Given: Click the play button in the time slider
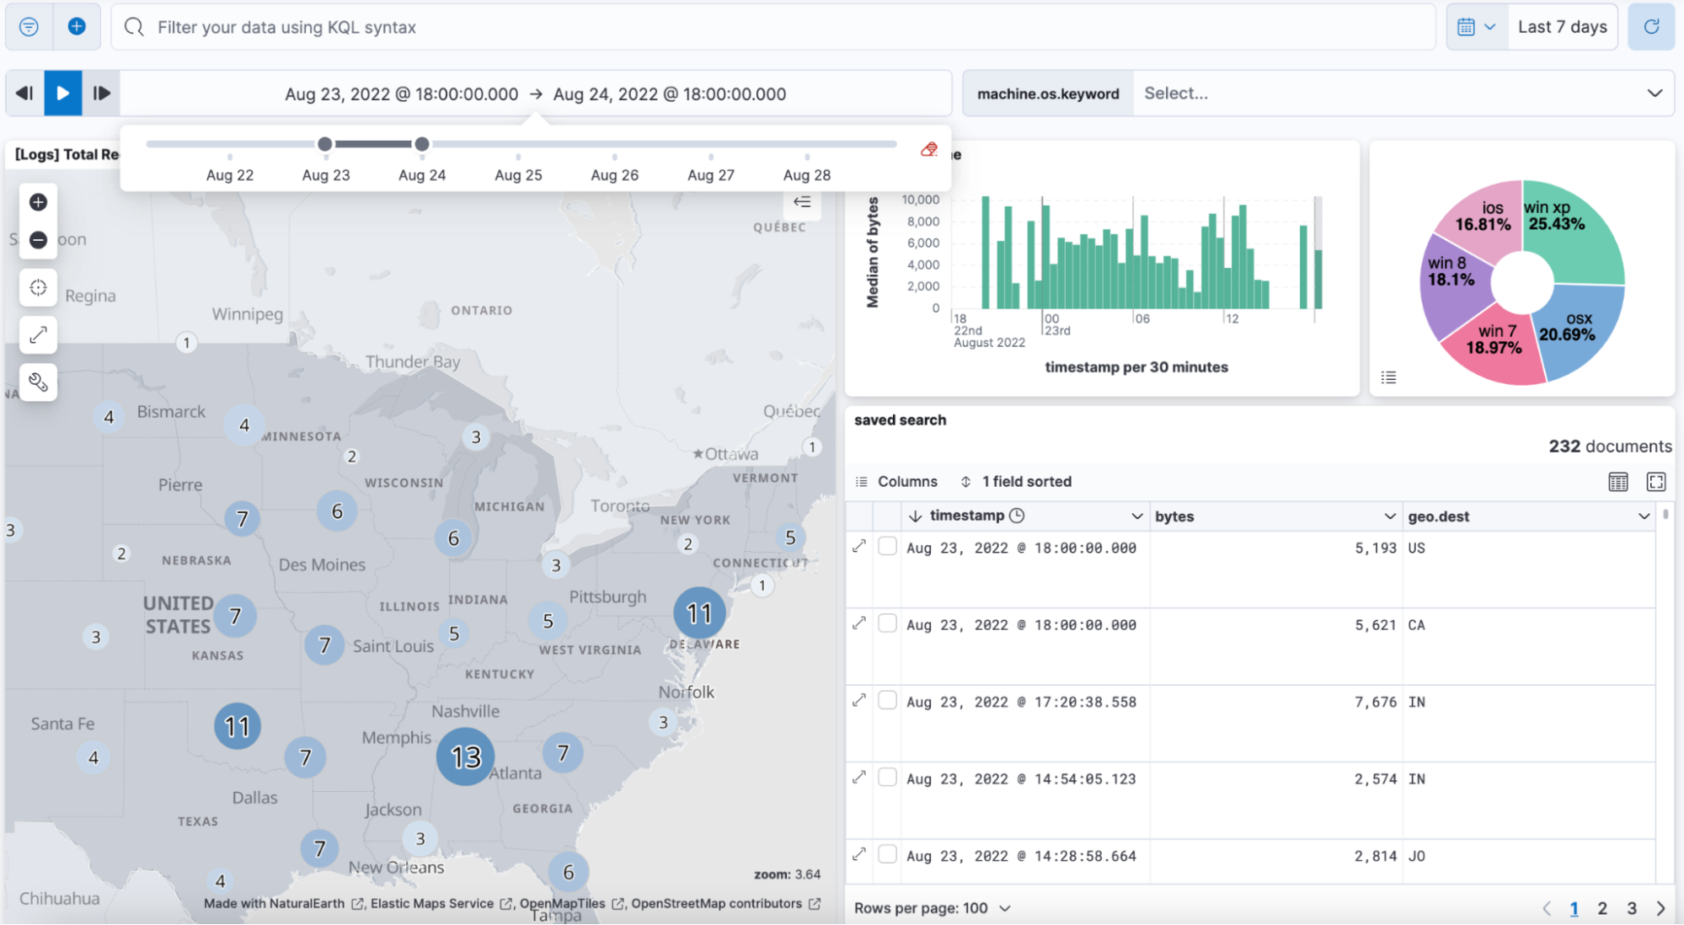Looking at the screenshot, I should click(63, 94).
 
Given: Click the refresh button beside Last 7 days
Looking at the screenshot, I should click(1650, 27).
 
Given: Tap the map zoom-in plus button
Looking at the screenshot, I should click(38, 202).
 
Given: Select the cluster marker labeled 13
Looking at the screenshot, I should click(465, 757).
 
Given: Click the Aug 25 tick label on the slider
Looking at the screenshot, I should click(518, 175).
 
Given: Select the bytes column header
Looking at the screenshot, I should click(1174, 516).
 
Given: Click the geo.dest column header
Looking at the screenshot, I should click(1438, 516).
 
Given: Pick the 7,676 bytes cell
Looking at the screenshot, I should click(1375, 703).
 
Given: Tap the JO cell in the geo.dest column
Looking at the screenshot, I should click(1417, 857).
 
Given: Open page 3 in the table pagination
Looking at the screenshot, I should click(1631, 908).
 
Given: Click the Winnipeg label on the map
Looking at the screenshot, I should click(247, 314).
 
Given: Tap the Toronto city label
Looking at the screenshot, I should click(620, 506).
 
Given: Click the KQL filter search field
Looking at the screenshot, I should click(758, 27).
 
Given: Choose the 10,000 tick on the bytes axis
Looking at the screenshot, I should click(920, 200).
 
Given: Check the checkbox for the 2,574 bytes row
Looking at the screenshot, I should click(887, 778).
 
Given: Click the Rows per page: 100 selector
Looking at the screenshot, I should click(932, 908).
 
